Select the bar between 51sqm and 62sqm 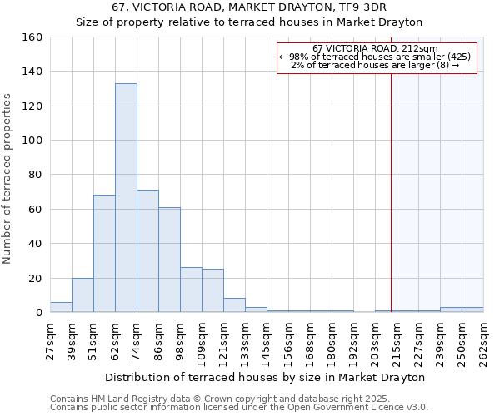[x=104, y=254]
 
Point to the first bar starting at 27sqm [x=61, y=307]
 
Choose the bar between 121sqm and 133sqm [x=234, y=305]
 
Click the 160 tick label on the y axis [x=32, y=37]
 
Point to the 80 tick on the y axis [x=35, y=175]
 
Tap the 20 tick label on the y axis [x=35, y=278]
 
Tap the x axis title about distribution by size [x=266, y=377]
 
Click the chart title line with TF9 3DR [x=250, y=8]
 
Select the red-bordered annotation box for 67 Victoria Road [x=376, y=57]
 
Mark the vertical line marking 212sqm [x=391, y=191]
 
